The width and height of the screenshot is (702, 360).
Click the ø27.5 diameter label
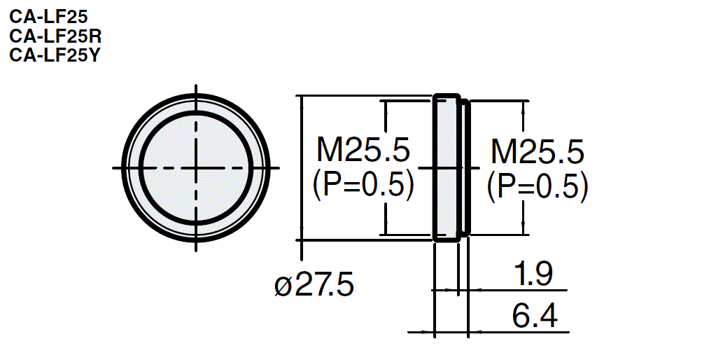314,286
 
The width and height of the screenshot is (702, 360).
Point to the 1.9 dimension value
532,275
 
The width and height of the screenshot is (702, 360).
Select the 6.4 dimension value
535,317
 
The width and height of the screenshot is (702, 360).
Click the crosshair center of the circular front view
195,167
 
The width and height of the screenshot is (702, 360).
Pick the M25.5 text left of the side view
363,150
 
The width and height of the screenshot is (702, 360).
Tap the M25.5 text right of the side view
537,151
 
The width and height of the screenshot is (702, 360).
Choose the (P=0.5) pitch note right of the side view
537,186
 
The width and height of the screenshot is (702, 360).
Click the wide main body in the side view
447,168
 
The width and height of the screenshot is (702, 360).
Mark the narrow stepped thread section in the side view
465,168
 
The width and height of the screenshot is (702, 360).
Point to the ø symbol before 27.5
282,286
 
